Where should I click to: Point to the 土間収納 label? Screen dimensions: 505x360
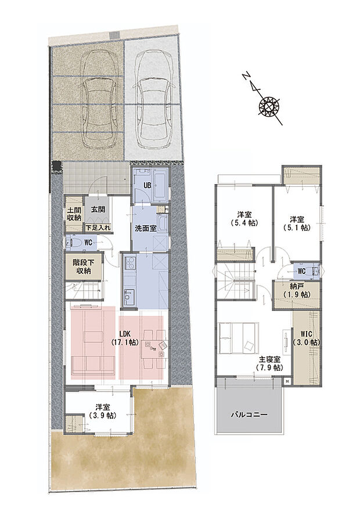click(x=74, y=214)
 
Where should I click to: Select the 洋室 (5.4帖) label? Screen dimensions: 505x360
click(x=244, y=218)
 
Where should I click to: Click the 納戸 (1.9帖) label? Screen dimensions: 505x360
click(x=296, y=291)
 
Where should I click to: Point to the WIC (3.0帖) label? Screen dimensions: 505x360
click(x=305, y=339)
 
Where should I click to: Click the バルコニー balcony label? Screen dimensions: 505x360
click(x=249, y=416)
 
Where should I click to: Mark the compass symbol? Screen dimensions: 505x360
click(x=269, y=106)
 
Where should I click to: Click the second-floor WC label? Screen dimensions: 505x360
click(x=301, y=270)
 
